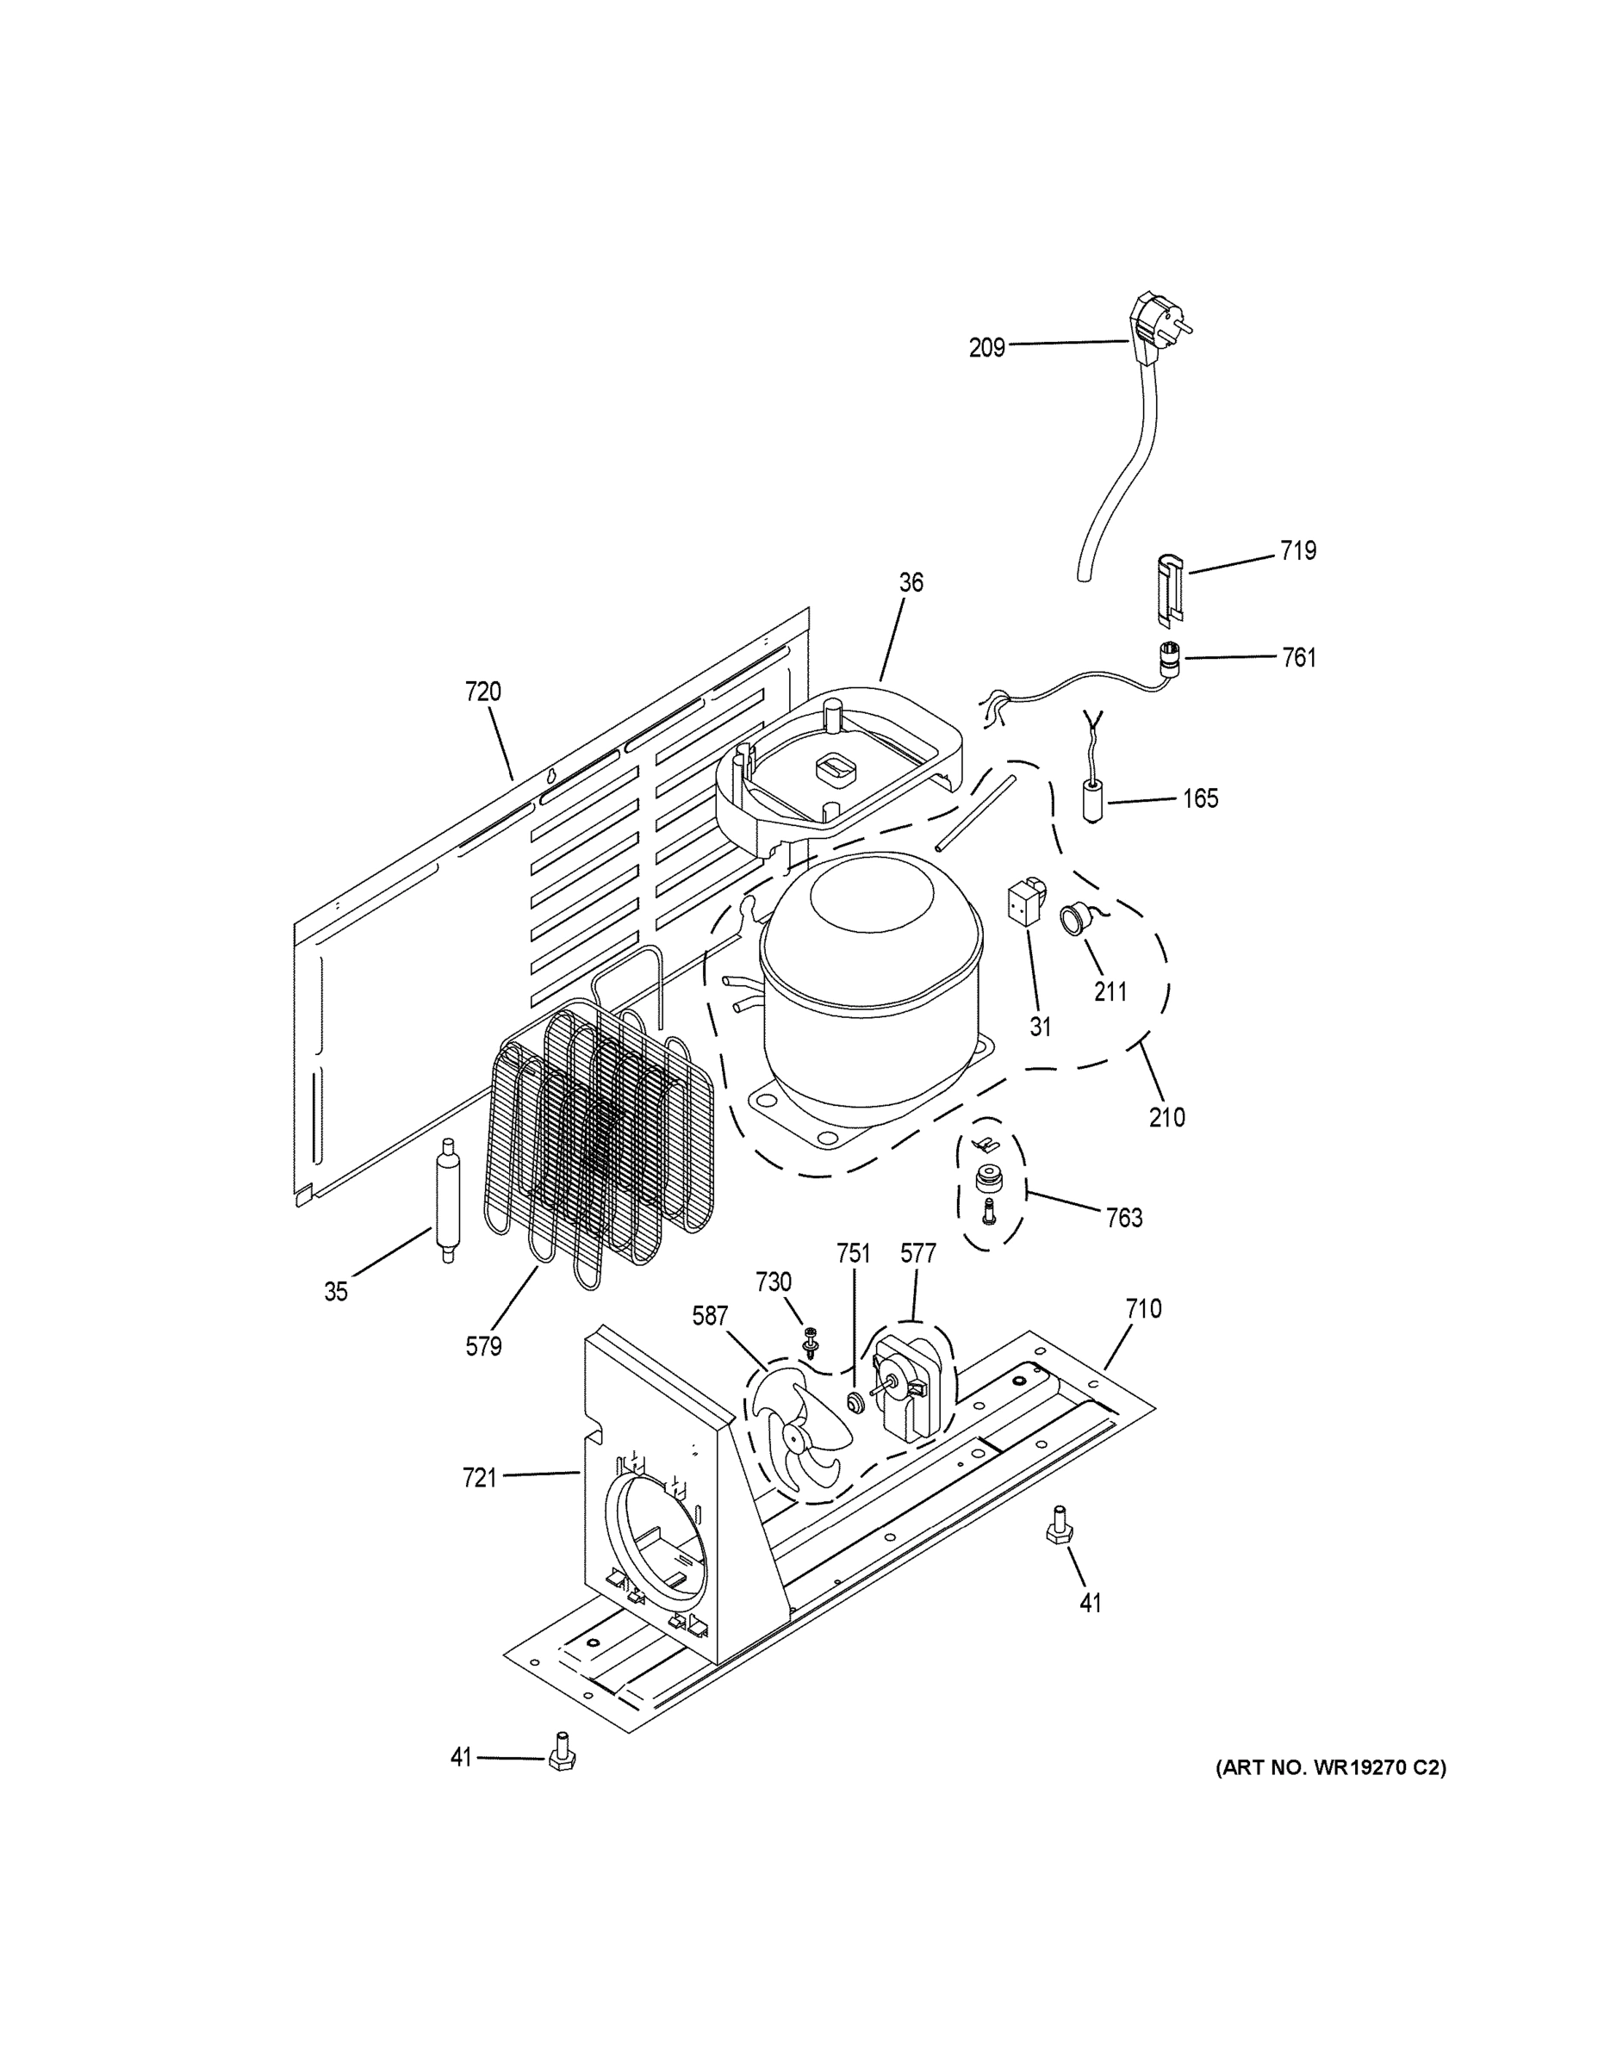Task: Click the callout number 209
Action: (986, 348)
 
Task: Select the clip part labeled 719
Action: (1171, 590)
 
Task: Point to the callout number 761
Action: (1299, 657)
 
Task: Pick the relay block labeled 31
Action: (1028, 902)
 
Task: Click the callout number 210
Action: (1166, 1117)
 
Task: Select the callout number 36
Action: (911, 582)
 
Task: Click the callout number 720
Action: (482, 692)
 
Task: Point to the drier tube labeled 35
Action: (444, 1199)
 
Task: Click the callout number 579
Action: (482, 1346)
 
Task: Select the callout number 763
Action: (1123, 1218)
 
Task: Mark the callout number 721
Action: (480, 1477)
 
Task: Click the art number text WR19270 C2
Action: (1330, 1768)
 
